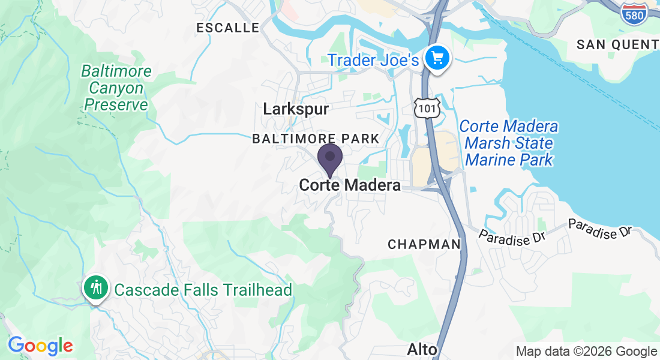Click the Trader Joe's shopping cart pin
[x=437, y=58]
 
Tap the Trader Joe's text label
[x=372, y=60]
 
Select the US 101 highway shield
[x=427, y=107]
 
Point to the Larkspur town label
[x=296, y=109]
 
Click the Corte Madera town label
[x=350, y=185]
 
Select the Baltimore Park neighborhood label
[x=316, y=139]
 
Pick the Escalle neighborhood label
[x=228, y=28]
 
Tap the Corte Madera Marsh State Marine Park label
[x=509, y=143]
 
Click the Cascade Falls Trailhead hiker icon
[x=95, y=287]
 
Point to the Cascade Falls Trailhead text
[x=203, y=290]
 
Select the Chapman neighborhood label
[x=424, y=244]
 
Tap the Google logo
[x=40, y=346]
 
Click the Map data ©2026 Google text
[x=586, y=352]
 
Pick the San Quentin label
[x=617, y=44]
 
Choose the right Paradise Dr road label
[x=600, y=228]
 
